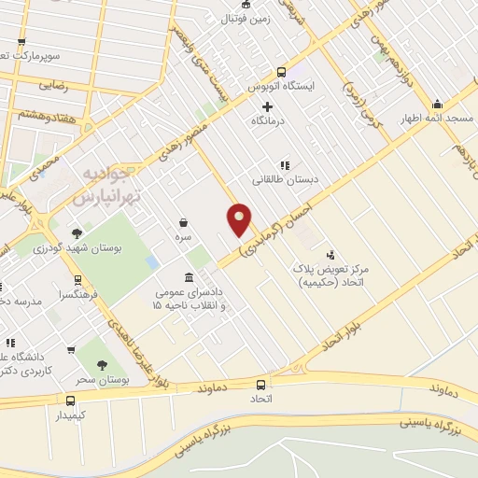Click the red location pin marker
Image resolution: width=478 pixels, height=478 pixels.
[x=240, y=219]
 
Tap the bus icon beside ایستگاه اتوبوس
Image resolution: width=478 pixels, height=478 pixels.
[x=282, y=72]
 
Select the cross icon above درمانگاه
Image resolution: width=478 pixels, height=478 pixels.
[x=268, y=106]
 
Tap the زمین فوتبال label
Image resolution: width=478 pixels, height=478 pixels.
[x=245, y=18]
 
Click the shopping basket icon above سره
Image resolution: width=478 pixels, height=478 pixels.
[x=185, y=223]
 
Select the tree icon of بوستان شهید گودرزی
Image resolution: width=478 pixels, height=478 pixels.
[x=77, y=232]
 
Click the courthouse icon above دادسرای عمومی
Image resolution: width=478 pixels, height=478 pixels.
[x=190, y=277]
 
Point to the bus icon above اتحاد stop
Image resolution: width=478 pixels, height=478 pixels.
[x=260, y=384]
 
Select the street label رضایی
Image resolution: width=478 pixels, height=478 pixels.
[x=53, y=84]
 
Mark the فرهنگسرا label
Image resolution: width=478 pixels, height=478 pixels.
[x=55, y=292]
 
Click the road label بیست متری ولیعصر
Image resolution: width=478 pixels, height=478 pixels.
[x=211, y=66]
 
